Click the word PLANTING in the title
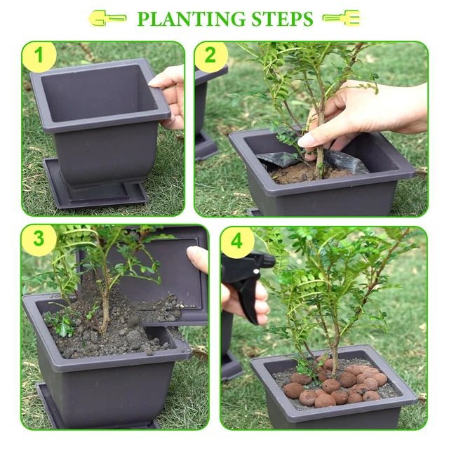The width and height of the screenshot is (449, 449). (187, 19)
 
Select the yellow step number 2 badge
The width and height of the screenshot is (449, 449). (211, 57)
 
